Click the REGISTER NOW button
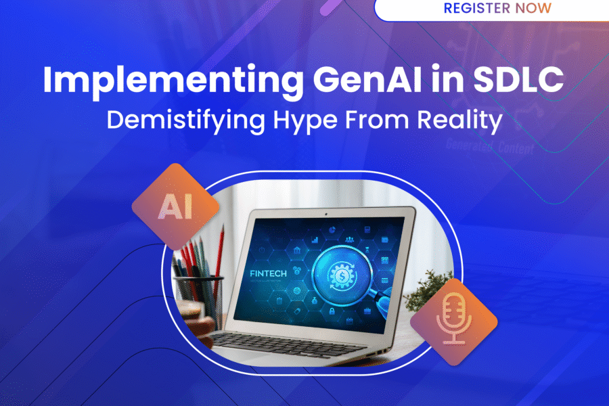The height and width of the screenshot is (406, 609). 497,9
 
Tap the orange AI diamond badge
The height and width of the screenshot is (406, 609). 175,207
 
